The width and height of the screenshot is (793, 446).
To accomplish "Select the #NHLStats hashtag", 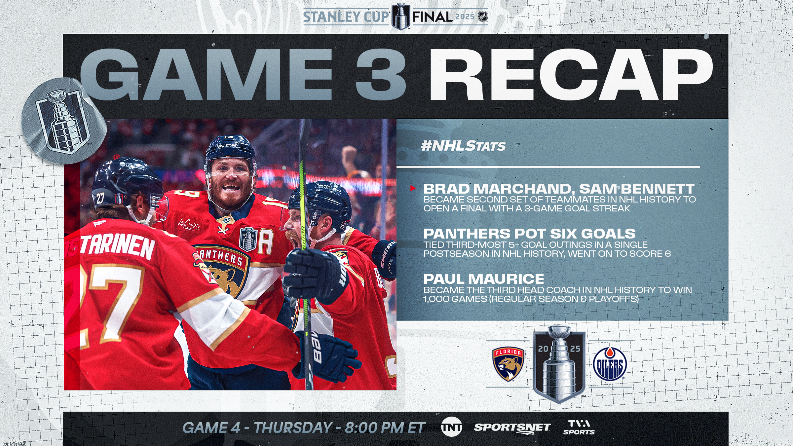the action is (463, 146).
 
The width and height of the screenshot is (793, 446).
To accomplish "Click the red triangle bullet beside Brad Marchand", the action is (413, 188).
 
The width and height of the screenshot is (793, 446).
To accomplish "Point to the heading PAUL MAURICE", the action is (484, 279).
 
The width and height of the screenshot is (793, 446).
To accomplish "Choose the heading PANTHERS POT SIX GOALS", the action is (530, 234).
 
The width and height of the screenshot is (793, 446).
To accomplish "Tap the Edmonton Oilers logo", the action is (610, 364).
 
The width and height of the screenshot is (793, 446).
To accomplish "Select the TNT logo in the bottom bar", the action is (451, 427).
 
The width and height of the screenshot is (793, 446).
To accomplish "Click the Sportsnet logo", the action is (512, 428).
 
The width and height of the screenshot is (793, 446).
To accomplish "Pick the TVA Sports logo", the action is (579, 427).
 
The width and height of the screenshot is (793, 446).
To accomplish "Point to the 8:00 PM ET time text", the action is (385, 427).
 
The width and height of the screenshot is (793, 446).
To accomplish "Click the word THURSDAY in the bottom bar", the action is (293, 427).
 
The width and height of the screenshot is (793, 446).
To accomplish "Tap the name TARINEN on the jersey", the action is (117, 246).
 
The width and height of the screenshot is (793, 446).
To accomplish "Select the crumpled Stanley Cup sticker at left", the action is (64, 121).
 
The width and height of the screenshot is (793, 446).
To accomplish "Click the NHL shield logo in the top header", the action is (483, 17).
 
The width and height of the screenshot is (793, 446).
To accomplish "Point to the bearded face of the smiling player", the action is (230, 185).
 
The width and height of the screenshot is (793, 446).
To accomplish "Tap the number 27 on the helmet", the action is (100, 198).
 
